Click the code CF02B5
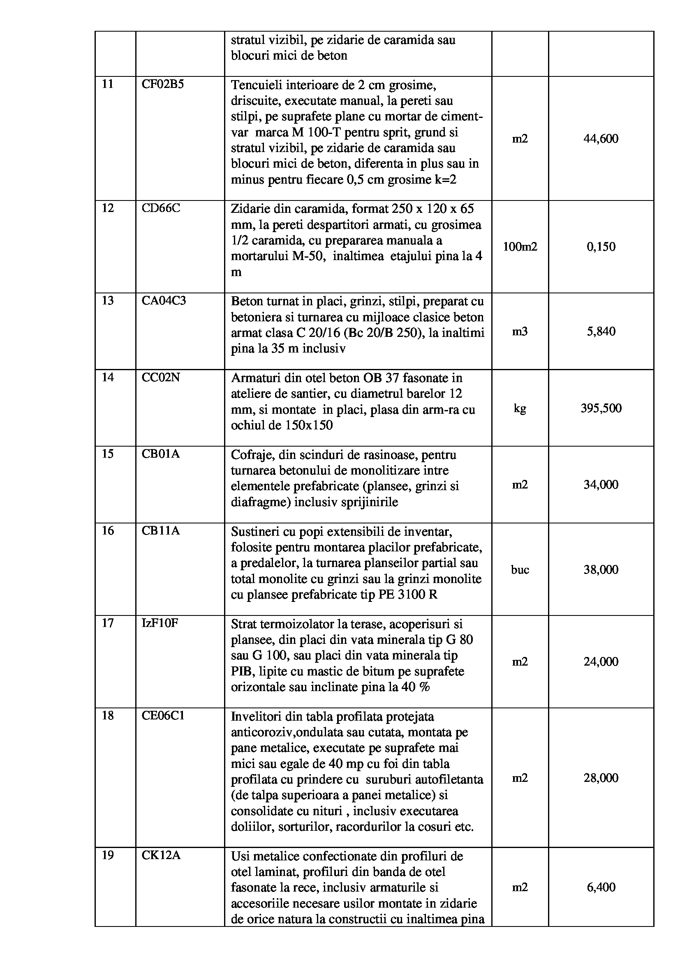point(162,85)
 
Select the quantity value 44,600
point(601,138)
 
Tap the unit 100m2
point(520,247)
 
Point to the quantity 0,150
point(601,247)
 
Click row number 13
point(108,300)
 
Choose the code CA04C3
point(164,300)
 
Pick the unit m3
point(520,332)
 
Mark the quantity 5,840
point(601,332)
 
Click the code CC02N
point(160,378)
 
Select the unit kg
point(520,408)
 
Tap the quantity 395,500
point(601,408)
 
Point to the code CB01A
point(160,454)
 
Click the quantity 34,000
point(601,485)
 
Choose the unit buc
point(520,569)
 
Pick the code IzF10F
point(160,623)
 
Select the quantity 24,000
point(601,662)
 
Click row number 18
point(108,715)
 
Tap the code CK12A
point(161,855)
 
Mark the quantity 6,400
point(601,887)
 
